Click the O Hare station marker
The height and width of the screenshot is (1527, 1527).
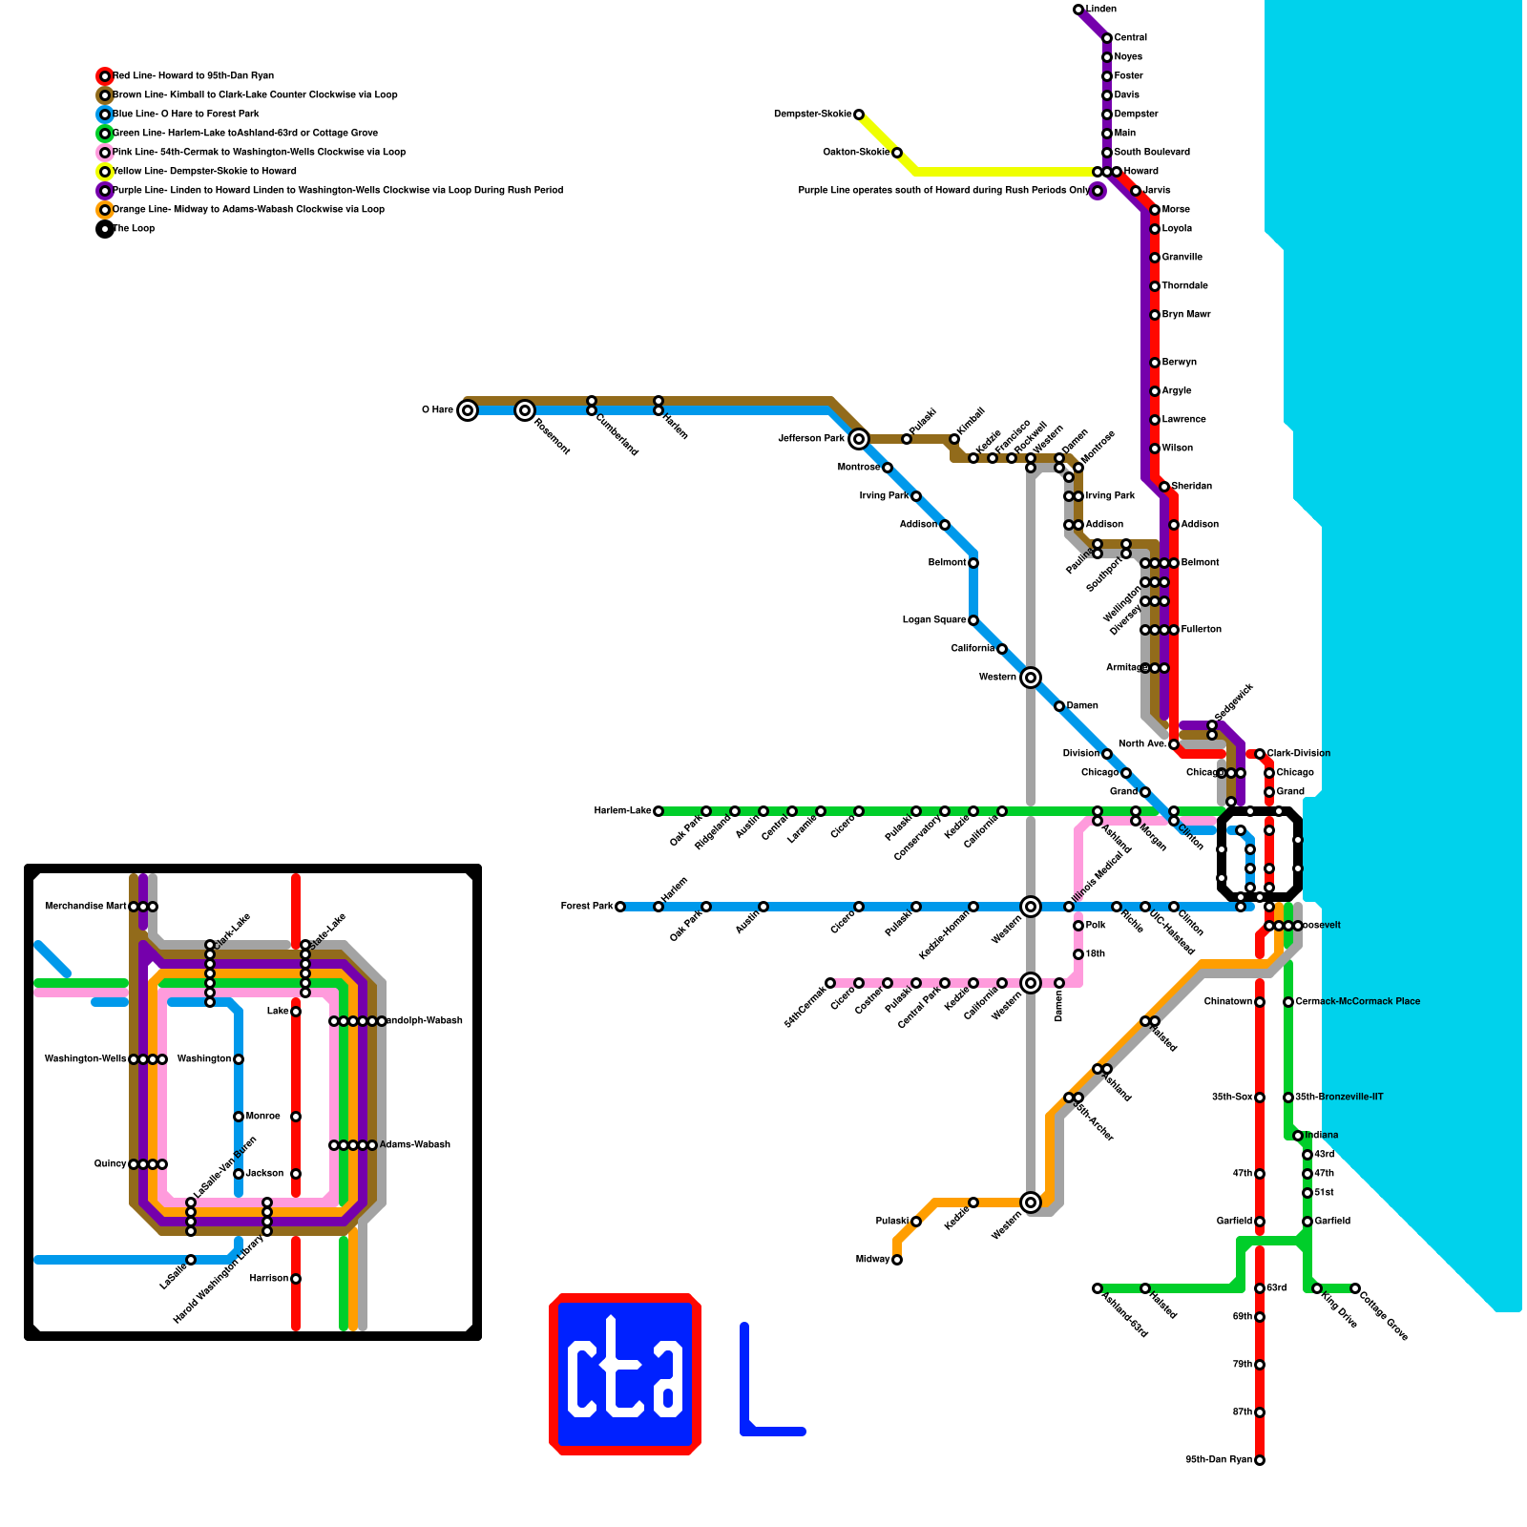pyautogui.click(x=467, y=410)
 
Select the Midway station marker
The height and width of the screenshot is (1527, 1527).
pyautogui.click(x=897, y=1260)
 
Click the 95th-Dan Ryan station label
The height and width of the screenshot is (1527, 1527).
pyautogui.click(x=1219, y=1460)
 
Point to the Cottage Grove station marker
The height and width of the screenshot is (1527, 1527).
pyautogui.click(x=1355, y=1288)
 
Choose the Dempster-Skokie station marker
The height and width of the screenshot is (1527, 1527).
pyautogui.click(x=859, y=115)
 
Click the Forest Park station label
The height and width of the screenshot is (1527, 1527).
pyautogui.click(x=587, y=907)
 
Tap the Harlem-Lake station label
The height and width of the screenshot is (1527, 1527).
pyautogui.click(x=622, y=811)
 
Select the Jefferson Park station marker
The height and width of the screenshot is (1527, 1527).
pyautogui.click(x=859, y=439)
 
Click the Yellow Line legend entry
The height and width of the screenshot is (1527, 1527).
pyautogui.click(x=204, y=172)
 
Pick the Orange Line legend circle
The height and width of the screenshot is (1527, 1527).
pyautogui.click(x=105, y=210)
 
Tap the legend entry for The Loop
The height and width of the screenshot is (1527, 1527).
pyautogui.click(x=134, y=229)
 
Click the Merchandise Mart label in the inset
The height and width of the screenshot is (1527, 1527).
pyautogui.click(x=85, y=907)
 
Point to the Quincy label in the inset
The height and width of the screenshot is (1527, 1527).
pyautogui.click(x=110, y=1164)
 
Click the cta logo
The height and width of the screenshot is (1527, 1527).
pyautogui.click(x=625, y=1374)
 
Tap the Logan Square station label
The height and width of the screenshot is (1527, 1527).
pyautogui.click(x=934, y=620)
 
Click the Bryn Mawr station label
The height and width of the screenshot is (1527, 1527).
pyautogui.click(x=1185, y=315)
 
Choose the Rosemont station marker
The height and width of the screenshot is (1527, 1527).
pyautogui.click(x=525, y=410)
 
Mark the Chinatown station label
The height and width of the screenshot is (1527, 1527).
pyautogui.click(x=1227, y=1002)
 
